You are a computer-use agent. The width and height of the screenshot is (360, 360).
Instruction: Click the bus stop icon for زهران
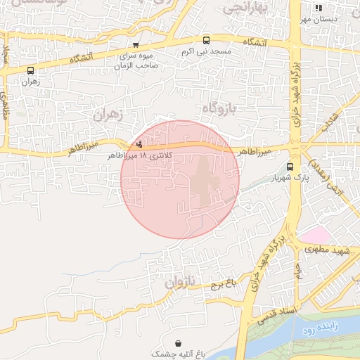(30, 70)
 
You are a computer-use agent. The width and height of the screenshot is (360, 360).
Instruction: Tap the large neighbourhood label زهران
(108, 114)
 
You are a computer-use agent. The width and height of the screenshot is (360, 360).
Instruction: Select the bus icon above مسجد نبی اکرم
(206, 41)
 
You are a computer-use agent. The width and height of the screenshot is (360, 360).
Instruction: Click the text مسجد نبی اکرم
(206, 52)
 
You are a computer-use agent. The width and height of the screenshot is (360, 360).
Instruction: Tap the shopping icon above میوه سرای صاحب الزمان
(136, 44)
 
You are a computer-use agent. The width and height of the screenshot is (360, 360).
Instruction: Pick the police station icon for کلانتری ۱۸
(139, 145)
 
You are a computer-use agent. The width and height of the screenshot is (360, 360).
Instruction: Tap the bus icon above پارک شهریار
(290, 167)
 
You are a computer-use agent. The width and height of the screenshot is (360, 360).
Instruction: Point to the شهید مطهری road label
(333, 251)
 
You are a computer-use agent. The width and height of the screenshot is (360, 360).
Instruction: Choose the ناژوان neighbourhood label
(177, 283)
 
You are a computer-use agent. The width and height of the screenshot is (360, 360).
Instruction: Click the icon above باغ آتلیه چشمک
(179, 345)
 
